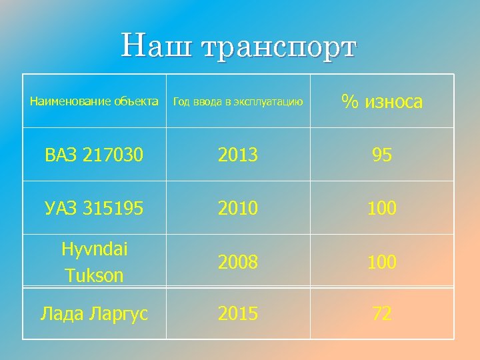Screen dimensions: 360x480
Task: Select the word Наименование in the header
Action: tap(63, 102)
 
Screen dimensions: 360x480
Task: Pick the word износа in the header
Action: tap(393, 102)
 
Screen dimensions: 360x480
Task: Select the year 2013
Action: tap(238, 155)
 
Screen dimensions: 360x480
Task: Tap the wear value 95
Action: tap(382, 155)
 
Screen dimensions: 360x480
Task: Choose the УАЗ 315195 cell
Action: tap(94, 209)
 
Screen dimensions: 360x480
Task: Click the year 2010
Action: tap(238, 209)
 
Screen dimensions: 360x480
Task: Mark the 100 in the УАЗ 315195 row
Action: tap(382, 209)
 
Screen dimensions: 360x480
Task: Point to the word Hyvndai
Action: tap(94, 249)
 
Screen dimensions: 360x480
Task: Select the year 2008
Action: tap(238, 262)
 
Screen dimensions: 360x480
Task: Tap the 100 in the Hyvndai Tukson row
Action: tap(382, 262)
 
